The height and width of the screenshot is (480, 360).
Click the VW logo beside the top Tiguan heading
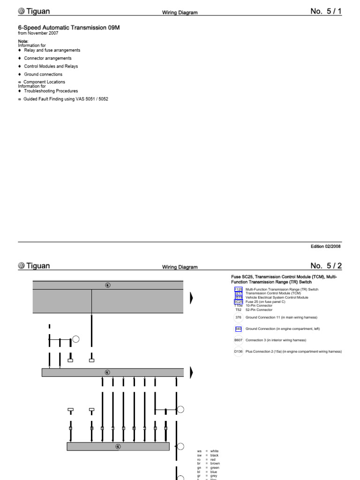point(22,11)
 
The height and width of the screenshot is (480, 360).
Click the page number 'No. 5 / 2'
point(326,266)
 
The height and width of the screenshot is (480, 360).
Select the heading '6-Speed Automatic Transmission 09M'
point(69,28)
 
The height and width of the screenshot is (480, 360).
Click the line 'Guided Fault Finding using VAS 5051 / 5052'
point(66,99)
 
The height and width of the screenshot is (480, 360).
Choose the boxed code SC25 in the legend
point(239,302)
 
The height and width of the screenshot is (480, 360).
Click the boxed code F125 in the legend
point(239,290)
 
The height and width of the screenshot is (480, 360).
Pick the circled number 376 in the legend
point(239,318)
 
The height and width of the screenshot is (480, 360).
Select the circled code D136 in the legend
point(239,352)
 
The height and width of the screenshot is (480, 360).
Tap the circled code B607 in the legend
point(239,340)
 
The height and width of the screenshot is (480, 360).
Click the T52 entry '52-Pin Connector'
point(259,310)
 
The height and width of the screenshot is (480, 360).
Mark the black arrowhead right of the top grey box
point(191,298)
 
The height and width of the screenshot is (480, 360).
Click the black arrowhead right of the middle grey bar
point(191,373)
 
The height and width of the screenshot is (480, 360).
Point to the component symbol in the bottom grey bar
point(118,447)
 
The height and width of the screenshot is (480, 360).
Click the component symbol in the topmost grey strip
point(108,285)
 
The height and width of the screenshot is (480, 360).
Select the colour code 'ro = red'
point(207,460)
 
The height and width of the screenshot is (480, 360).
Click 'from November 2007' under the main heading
point(38,34)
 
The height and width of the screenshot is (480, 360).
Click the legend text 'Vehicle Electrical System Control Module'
point(277,298)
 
